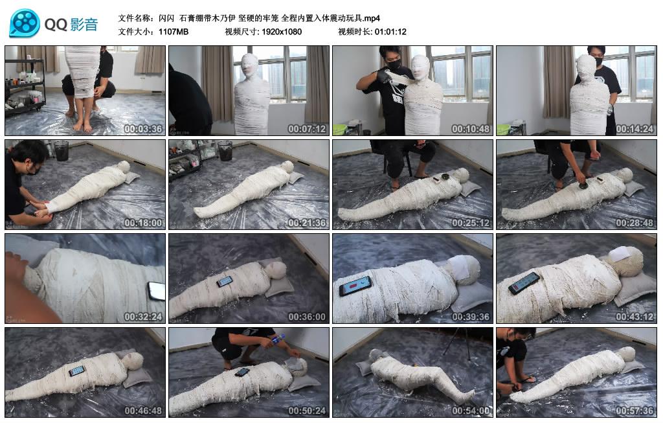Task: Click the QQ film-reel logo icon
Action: coord(25,24)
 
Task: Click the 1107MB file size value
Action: coord(174,32)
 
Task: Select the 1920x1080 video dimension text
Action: coord(282,32)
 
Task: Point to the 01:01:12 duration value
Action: coord(390,32)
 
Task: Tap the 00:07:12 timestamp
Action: coord(308,129)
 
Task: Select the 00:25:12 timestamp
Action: coord(471,223)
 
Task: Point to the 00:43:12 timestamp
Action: coord(635,317)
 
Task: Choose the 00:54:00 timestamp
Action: coord(471,411)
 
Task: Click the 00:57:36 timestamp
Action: coord(635,411)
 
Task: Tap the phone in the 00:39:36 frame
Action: coord(355,286)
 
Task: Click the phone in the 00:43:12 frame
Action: coord(524,283)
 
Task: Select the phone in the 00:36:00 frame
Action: coord(224,281)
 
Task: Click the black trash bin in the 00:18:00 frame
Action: coord(61,150)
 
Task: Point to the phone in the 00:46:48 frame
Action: coord(76,371)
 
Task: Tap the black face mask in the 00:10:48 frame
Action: coord(393,65)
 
